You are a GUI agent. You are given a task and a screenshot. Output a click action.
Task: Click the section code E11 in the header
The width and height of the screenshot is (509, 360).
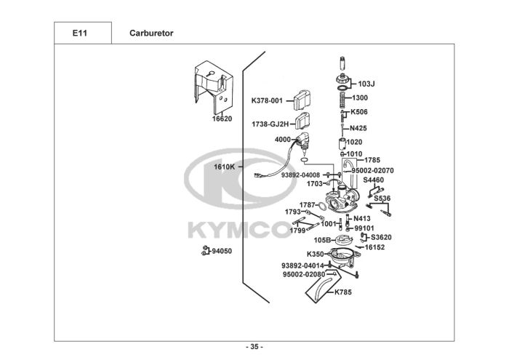(82, 33)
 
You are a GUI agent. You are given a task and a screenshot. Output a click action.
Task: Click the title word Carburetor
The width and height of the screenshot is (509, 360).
(151, 33)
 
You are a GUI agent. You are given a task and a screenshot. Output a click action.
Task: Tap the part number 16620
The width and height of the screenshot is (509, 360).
(222, 118)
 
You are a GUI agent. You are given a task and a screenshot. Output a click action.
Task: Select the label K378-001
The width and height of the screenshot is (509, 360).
(266, 100)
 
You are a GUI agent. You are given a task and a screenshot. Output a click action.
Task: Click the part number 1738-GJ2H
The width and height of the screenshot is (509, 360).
(269, 124)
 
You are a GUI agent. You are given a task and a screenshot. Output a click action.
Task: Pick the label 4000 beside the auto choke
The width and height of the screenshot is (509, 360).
(282, 139)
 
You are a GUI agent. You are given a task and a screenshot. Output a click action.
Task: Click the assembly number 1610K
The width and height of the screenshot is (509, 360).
(224, 167)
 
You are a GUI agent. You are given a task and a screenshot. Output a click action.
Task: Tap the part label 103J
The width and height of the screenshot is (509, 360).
(366, 83)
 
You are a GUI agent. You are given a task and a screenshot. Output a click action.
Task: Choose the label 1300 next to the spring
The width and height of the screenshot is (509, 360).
(360, 97)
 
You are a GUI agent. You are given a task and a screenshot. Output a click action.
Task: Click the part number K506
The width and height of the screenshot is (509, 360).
(359, 112)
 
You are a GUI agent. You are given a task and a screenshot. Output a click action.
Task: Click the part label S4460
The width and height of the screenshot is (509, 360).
(373, 179)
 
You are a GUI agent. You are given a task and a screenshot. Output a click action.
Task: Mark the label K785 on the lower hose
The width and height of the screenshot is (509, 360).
(342, 292)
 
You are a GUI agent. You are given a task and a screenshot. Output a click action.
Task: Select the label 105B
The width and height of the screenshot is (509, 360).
(322, 239)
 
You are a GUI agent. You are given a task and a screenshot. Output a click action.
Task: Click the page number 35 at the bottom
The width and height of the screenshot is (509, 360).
(254, 345)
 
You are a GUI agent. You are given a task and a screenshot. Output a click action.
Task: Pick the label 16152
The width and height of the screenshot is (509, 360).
(374, 247)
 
